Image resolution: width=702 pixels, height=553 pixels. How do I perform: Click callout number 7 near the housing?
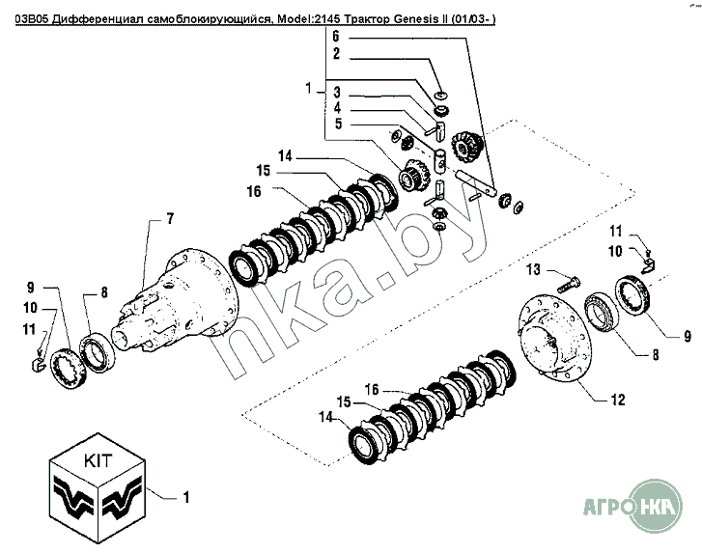tap(170, 220)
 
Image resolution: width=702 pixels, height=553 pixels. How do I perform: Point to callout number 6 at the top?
tap(336, 36)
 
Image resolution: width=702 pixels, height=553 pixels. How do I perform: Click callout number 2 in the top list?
tap(336, 54)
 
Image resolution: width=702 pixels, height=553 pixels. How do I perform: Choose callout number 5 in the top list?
tap(338, 124)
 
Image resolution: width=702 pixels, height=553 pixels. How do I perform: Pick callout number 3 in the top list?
tap(338, 92)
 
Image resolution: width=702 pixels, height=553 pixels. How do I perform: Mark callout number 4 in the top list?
tap(338, 107)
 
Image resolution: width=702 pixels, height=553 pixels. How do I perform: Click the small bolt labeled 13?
tap(570, 283)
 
